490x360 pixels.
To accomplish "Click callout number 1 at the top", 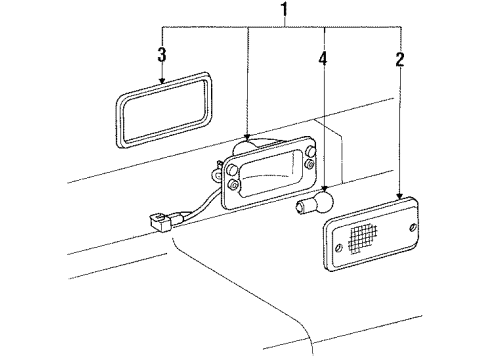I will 283,15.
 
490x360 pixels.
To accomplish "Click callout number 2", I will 400,59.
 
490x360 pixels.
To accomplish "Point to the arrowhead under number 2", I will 400,197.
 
